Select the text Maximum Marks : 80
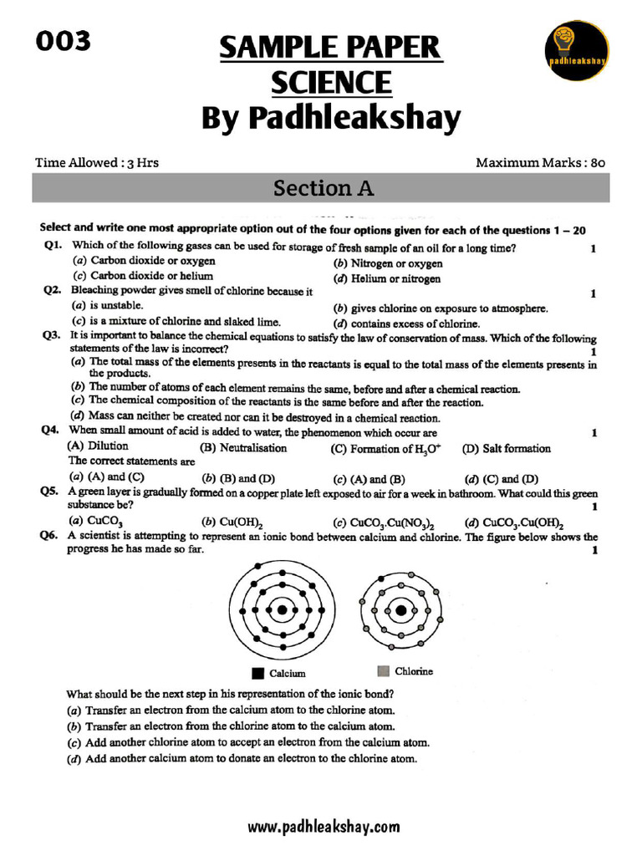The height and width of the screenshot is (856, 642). (540, 162)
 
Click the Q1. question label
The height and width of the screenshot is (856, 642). (53, 247)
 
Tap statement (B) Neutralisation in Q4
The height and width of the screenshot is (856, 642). (242, 448)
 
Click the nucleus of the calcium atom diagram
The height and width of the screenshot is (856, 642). (283, 609)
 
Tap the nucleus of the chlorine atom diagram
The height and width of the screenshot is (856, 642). (401, 610)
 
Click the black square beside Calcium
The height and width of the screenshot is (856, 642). (257, 672)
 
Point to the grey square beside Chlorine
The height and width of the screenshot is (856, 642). (383, 670)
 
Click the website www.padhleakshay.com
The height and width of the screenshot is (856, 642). (324, 827)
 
